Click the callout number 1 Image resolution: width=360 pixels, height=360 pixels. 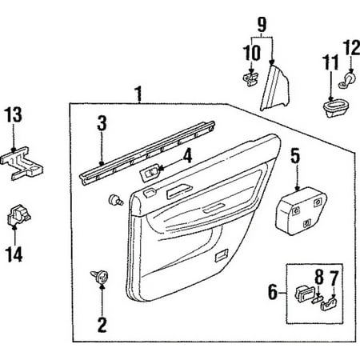point(138,94)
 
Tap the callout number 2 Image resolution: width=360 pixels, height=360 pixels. point(102,325)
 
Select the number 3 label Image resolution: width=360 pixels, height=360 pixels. point(102,123)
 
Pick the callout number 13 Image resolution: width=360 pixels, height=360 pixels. point(14,114)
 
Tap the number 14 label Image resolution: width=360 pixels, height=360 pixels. point(14,254)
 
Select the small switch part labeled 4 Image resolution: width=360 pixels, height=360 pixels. point(151,173)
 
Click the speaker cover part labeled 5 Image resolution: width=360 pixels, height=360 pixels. point(302,210)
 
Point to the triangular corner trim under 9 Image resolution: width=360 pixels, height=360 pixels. point(275,89)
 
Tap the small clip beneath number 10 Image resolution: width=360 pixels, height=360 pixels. point(250,78)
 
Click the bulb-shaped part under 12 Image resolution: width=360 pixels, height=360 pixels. point(348,80)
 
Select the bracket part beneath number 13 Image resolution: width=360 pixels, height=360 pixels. point(22,163)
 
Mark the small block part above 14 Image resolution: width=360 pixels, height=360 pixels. point(18,215)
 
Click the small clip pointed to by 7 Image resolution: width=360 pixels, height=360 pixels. point(328,304)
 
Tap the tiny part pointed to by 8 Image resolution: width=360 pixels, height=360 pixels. point(317,299)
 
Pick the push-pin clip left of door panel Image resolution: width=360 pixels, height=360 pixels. point(115,200)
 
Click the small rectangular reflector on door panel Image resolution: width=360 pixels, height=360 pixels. point(222,255)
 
